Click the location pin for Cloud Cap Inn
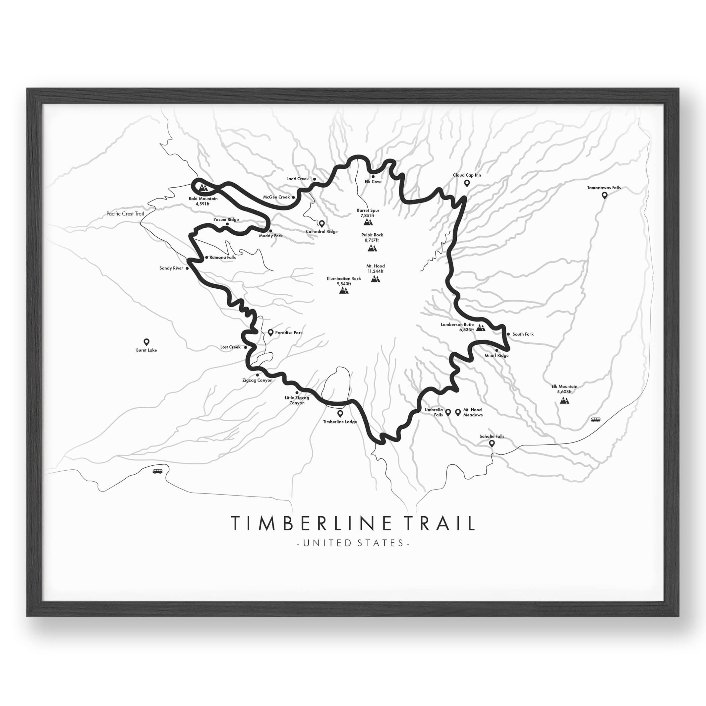467,183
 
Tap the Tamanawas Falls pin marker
605,196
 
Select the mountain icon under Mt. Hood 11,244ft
375,279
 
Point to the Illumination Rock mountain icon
343,290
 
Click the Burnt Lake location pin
147,342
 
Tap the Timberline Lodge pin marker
340,414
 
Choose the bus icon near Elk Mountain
595,420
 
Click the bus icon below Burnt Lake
157,471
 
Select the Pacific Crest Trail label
125,214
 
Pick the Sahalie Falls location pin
492,443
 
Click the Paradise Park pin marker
271,332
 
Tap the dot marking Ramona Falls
206,257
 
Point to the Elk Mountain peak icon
564,400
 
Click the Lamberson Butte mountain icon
481,328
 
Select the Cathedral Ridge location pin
322,224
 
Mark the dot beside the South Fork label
508,334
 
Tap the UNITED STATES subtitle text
353,543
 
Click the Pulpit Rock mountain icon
372,249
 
